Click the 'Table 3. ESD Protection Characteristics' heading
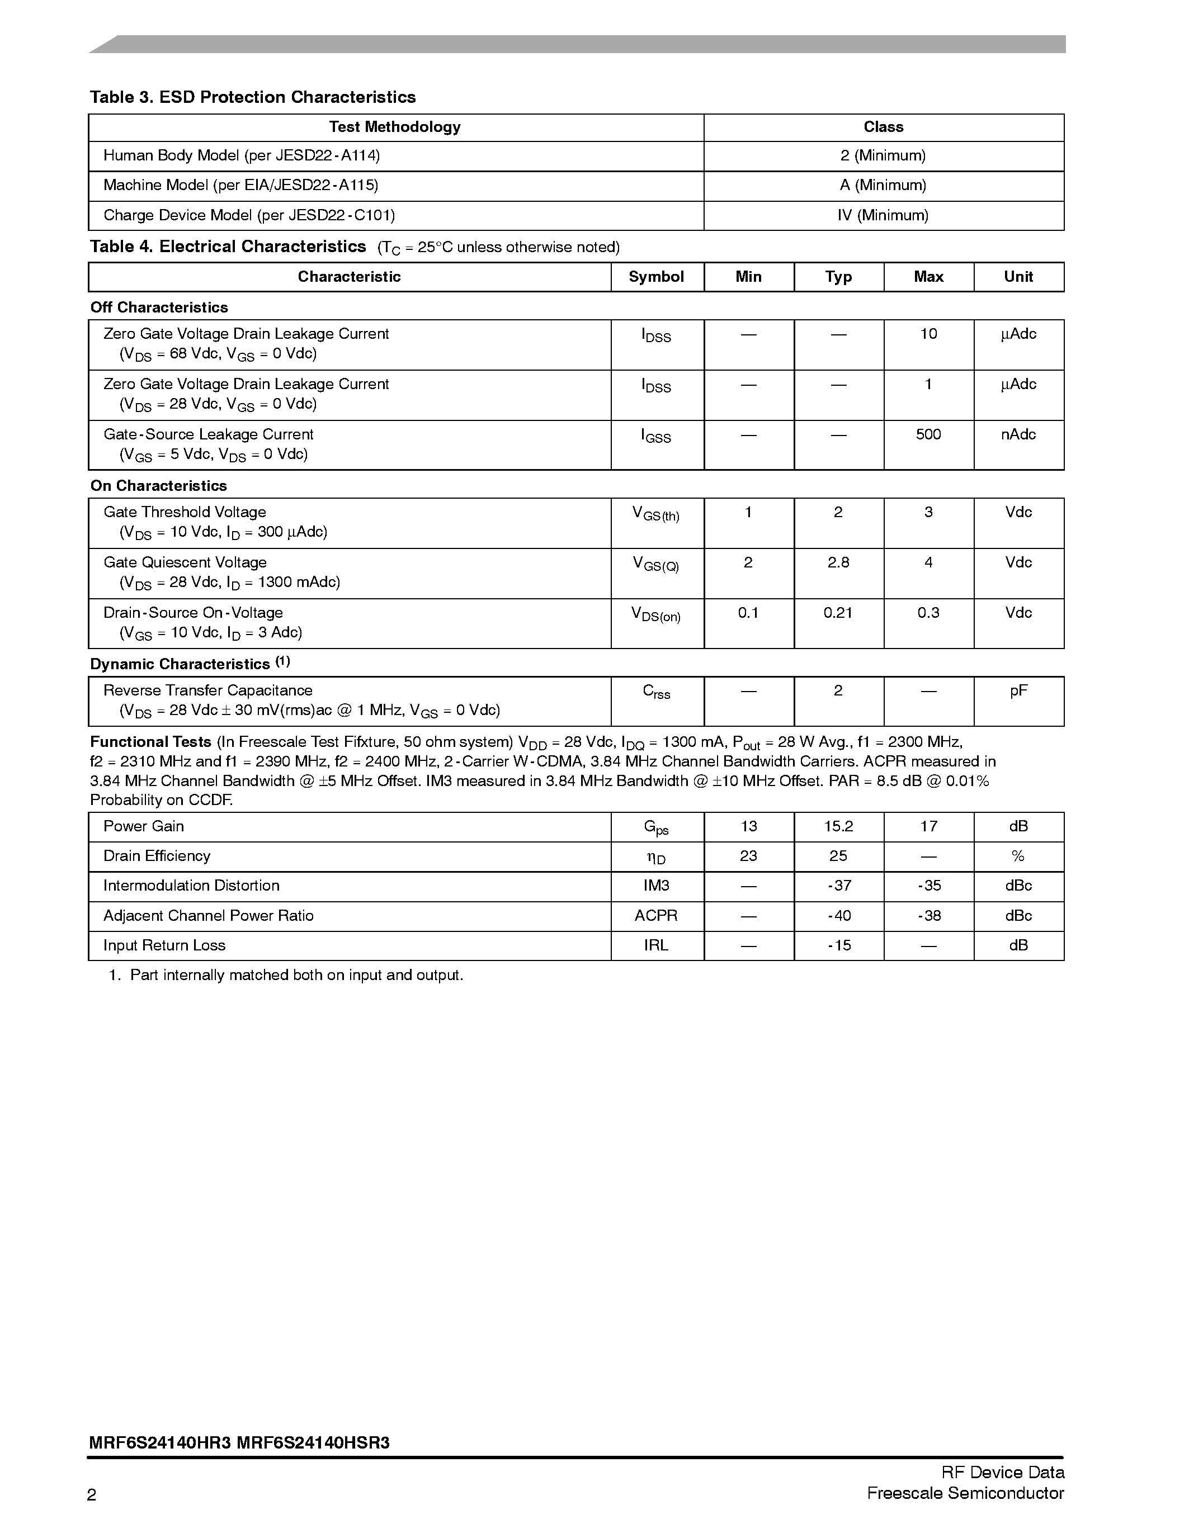pos(252,97)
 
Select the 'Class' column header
pos(883,127)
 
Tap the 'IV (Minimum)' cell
pos(883,215)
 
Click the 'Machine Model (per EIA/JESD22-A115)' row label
pos(241,185)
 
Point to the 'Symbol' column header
pos(656,277)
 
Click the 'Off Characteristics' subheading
pos(159,307)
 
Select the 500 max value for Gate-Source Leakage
pos(928,434)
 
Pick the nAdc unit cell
pos(1018,434)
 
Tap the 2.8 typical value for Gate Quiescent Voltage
pos(838,562)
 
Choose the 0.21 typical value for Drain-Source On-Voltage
pos(838,613)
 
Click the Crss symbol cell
pos(656,692)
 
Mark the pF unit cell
pos(1018,691)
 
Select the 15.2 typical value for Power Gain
pos(838,827)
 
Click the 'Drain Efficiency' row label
pos(157,856)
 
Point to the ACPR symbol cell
pos(656,916)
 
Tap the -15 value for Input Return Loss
pos(838,946)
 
